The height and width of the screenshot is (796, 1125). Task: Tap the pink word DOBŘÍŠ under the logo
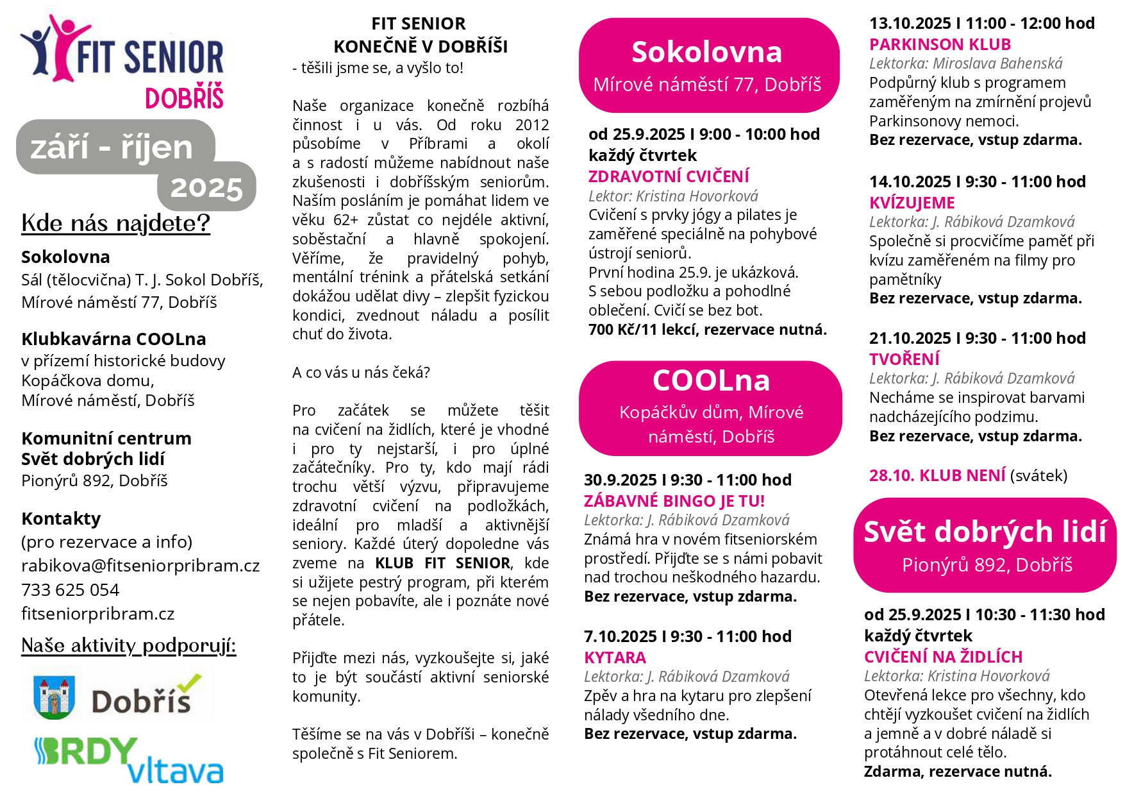tap(184, 99)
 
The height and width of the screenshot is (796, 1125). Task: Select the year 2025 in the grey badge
tap(206, 189)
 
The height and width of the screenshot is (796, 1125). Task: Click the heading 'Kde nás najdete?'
tap(115, 223)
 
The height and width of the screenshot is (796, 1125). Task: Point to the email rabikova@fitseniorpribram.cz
tap(140, 566)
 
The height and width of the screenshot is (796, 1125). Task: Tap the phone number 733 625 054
tap(70, 589)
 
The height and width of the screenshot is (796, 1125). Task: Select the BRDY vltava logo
tap(128, 761)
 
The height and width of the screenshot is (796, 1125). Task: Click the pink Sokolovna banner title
tap(706, 52)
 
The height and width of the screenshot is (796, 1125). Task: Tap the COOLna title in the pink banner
tap(711, 380)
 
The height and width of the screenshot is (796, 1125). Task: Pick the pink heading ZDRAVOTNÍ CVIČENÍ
tap(669, 176)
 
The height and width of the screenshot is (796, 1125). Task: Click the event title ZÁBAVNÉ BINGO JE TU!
tap(674, 501)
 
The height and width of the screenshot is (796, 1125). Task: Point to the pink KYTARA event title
tap(615, 657)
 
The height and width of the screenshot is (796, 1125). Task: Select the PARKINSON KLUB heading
tap(940, 44)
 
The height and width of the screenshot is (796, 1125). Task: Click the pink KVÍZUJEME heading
tap(912, 203)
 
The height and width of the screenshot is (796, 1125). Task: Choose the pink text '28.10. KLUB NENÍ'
tap(937, 475)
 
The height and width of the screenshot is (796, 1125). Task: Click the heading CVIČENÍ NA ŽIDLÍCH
tap(943, 657)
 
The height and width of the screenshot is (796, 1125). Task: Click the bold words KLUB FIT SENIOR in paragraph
tap(443, 563)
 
